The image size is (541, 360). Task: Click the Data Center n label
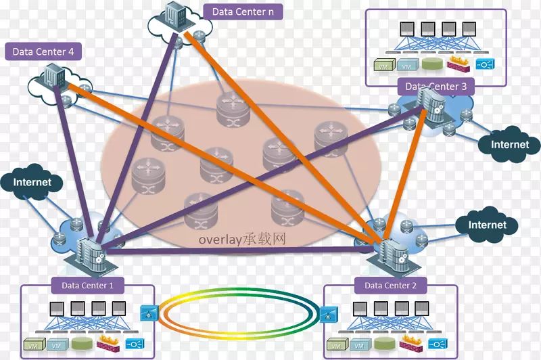coord(242,12)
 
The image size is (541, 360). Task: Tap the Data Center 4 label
coord(43,51)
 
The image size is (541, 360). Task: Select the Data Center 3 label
coord(436,87)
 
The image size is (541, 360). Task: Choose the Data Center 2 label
coord(392,286)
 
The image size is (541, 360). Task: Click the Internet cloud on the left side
coord(32,183)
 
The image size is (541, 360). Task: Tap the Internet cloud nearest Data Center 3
coord(509,145)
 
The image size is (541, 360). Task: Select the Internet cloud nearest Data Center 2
coord(487,225)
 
